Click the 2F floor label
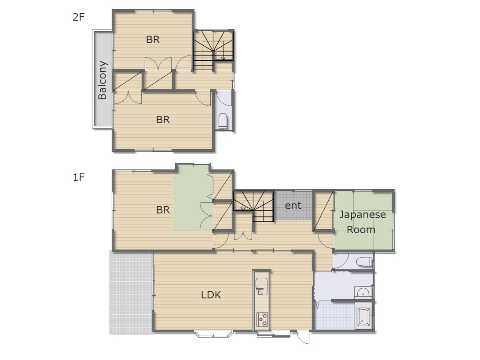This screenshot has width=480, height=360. pos(78,17)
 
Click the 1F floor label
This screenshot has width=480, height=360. pos(78,177)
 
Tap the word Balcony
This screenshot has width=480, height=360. pos(102,80)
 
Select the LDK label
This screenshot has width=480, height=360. pos(211,295)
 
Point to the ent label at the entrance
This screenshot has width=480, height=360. pos(293,206)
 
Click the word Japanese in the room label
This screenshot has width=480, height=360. pos(363,215)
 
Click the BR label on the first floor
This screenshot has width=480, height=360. pos(163,209)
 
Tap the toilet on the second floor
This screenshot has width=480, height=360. pos(223,121)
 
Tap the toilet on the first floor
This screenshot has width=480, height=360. pos(364,262)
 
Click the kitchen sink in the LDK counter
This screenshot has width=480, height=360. pos(261,287)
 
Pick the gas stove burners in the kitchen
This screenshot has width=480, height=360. pos(262,320)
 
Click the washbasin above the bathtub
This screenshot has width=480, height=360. pos(363,293)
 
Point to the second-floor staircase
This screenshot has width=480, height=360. pos(213,51)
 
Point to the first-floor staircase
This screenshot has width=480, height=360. pos(253,206)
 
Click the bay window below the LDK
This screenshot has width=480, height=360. pos(214,334)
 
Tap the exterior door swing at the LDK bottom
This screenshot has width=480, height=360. pos(303,337)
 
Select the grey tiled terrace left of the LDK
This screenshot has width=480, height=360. pos(131,293)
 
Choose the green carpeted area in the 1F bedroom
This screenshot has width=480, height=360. pos(193,198)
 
